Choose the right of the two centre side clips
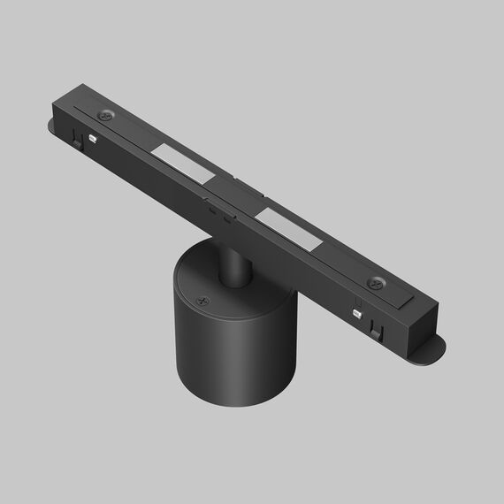click(x=228, y=219)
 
